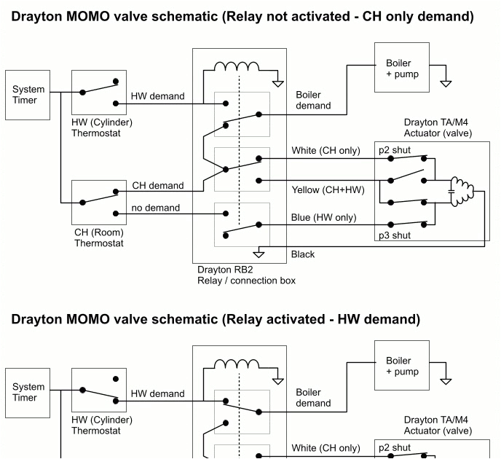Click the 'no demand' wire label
click(155, 208)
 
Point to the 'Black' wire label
click(302, 254)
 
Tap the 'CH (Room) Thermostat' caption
click(99, 238)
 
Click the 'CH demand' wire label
click(157, 186)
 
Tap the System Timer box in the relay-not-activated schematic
click(28, 95)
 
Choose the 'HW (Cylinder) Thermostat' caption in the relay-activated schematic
click(101, 425)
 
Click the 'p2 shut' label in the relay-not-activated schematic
click(393, 149)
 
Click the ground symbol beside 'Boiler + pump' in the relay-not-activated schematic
click(446, 82)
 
